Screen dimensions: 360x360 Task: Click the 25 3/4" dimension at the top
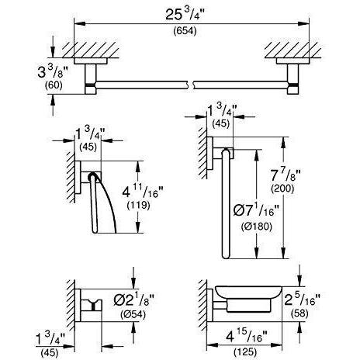click(185, 15)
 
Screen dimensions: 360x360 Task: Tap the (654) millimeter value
click(185, 31)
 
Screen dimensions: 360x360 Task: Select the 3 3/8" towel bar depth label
click(53, 72)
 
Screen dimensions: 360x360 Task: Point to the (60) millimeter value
click(54, 85)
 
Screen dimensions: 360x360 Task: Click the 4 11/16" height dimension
click(143, 192)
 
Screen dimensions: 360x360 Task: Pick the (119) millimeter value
click(139, 206)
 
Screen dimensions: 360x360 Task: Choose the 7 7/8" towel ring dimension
click(286, 175)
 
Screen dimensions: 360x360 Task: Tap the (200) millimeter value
click(282, 189)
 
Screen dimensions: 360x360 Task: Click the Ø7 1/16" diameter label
click(256, 211)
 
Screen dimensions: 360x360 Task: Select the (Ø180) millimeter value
click(257, 227)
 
